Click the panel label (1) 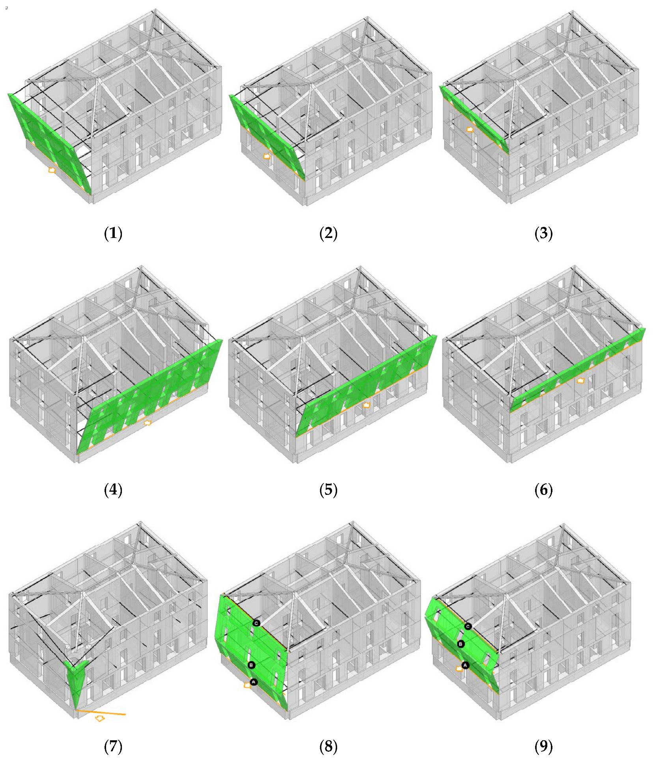[x=113, y=234]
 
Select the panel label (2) [x=328, y=234]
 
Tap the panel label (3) [x=543, y=234]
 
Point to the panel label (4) [x=113, y=490]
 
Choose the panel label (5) [x=328, y=490]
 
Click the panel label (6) [x=543, y=490]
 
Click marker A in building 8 [x=254, y=682]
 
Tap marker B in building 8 [x=252, y=665]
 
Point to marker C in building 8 [x=256, y=623]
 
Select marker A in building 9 [x=465, y=665]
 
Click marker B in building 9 [x=460, y=644]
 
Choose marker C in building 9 [x=468, y=626]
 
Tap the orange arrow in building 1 [x=52, y=170]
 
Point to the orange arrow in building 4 [x=147, y=423]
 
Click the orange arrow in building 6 [x=580, y=380]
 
